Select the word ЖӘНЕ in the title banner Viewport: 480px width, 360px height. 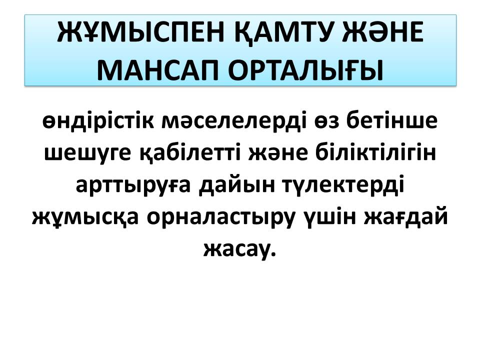382,32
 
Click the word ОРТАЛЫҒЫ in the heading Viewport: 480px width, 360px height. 306,70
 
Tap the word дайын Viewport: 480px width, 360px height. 236,185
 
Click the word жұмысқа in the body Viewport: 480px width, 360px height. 85,218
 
